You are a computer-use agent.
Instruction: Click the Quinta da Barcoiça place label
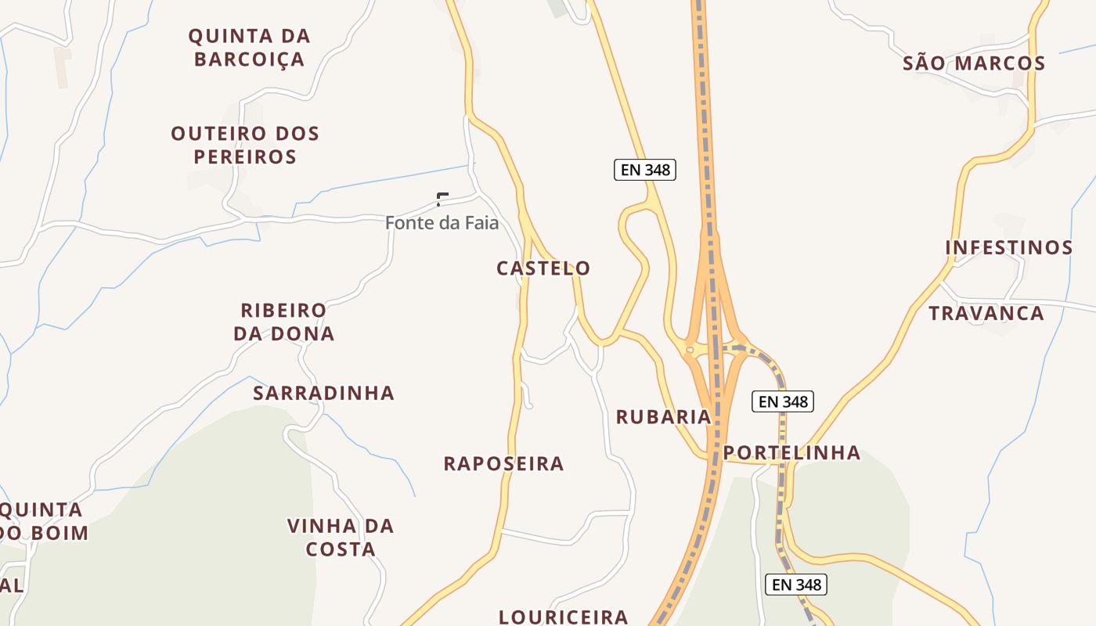(x=249, y=47)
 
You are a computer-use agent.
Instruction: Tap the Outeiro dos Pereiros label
(x=245, y=145)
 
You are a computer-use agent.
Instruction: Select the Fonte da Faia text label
(x=442, y=223)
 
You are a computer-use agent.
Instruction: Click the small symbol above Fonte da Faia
(x=442, y=199)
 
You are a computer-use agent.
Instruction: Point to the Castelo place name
(x=543, y=268)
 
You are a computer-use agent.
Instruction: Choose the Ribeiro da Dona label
(x=283, y=322)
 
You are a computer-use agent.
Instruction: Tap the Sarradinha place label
(x=323, y=393)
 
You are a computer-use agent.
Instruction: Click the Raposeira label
(x=503, y=463)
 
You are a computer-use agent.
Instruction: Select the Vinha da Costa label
(x=340, y=537)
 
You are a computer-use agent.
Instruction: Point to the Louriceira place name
(x=564, y=617)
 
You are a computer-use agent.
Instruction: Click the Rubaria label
(x=663, y=417)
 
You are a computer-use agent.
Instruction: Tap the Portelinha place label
(x=791, y=452)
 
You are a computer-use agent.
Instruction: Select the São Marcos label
(x=974, y=63)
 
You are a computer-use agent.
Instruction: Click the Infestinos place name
(x=1008, y=248)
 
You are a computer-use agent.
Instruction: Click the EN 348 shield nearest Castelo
(x=644, y=170)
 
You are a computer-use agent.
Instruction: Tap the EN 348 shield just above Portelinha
(x=783, y=401)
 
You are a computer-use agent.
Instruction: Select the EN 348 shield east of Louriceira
(x=795, y=585)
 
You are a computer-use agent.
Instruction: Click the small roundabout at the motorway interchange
(x=690, y=350)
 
